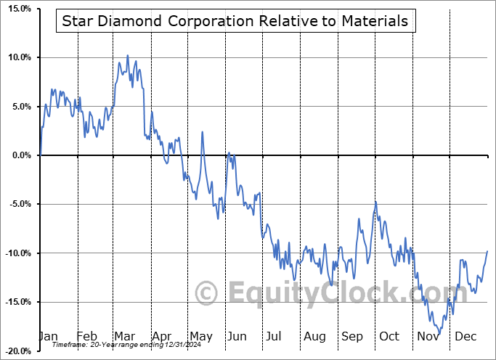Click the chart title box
(235, 21)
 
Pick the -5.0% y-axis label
(19, 204)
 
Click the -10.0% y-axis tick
(17, 253)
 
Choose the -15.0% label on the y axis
(17, 302)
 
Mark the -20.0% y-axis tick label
(17, 351)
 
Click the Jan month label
(48, 336)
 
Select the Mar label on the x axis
(124, 336)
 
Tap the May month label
(201, 336)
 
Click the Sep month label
(352, 336)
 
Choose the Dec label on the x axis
(465, 336)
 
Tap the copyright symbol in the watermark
(208, 294)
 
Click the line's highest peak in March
(128, 55)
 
